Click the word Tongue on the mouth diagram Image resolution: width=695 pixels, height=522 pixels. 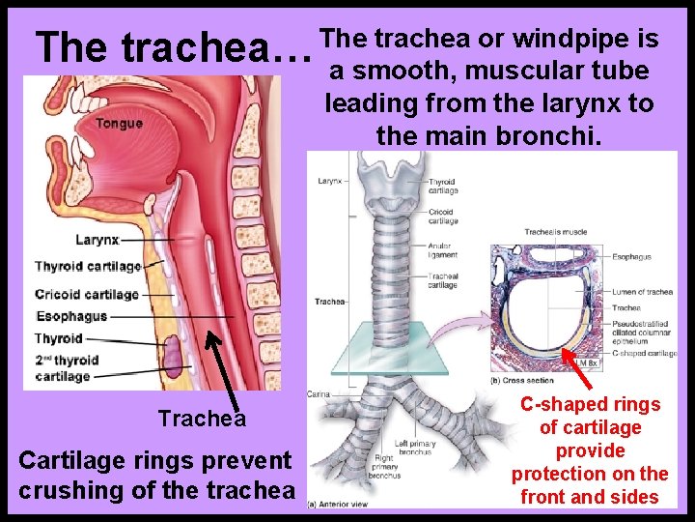tap(119, 123)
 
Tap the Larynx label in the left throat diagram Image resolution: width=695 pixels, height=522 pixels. tap(97, 239)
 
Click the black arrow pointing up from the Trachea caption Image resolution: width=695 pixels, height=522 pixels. tap(225, 362)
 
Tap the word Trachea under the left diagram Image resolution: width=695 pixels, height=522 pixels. tap(203, 419)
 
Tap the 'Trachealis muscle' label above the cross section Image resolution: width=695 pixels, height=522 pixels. tap(556, 232)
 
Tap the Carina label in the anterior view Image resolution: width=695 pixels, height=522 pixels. tap(319, 394)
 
